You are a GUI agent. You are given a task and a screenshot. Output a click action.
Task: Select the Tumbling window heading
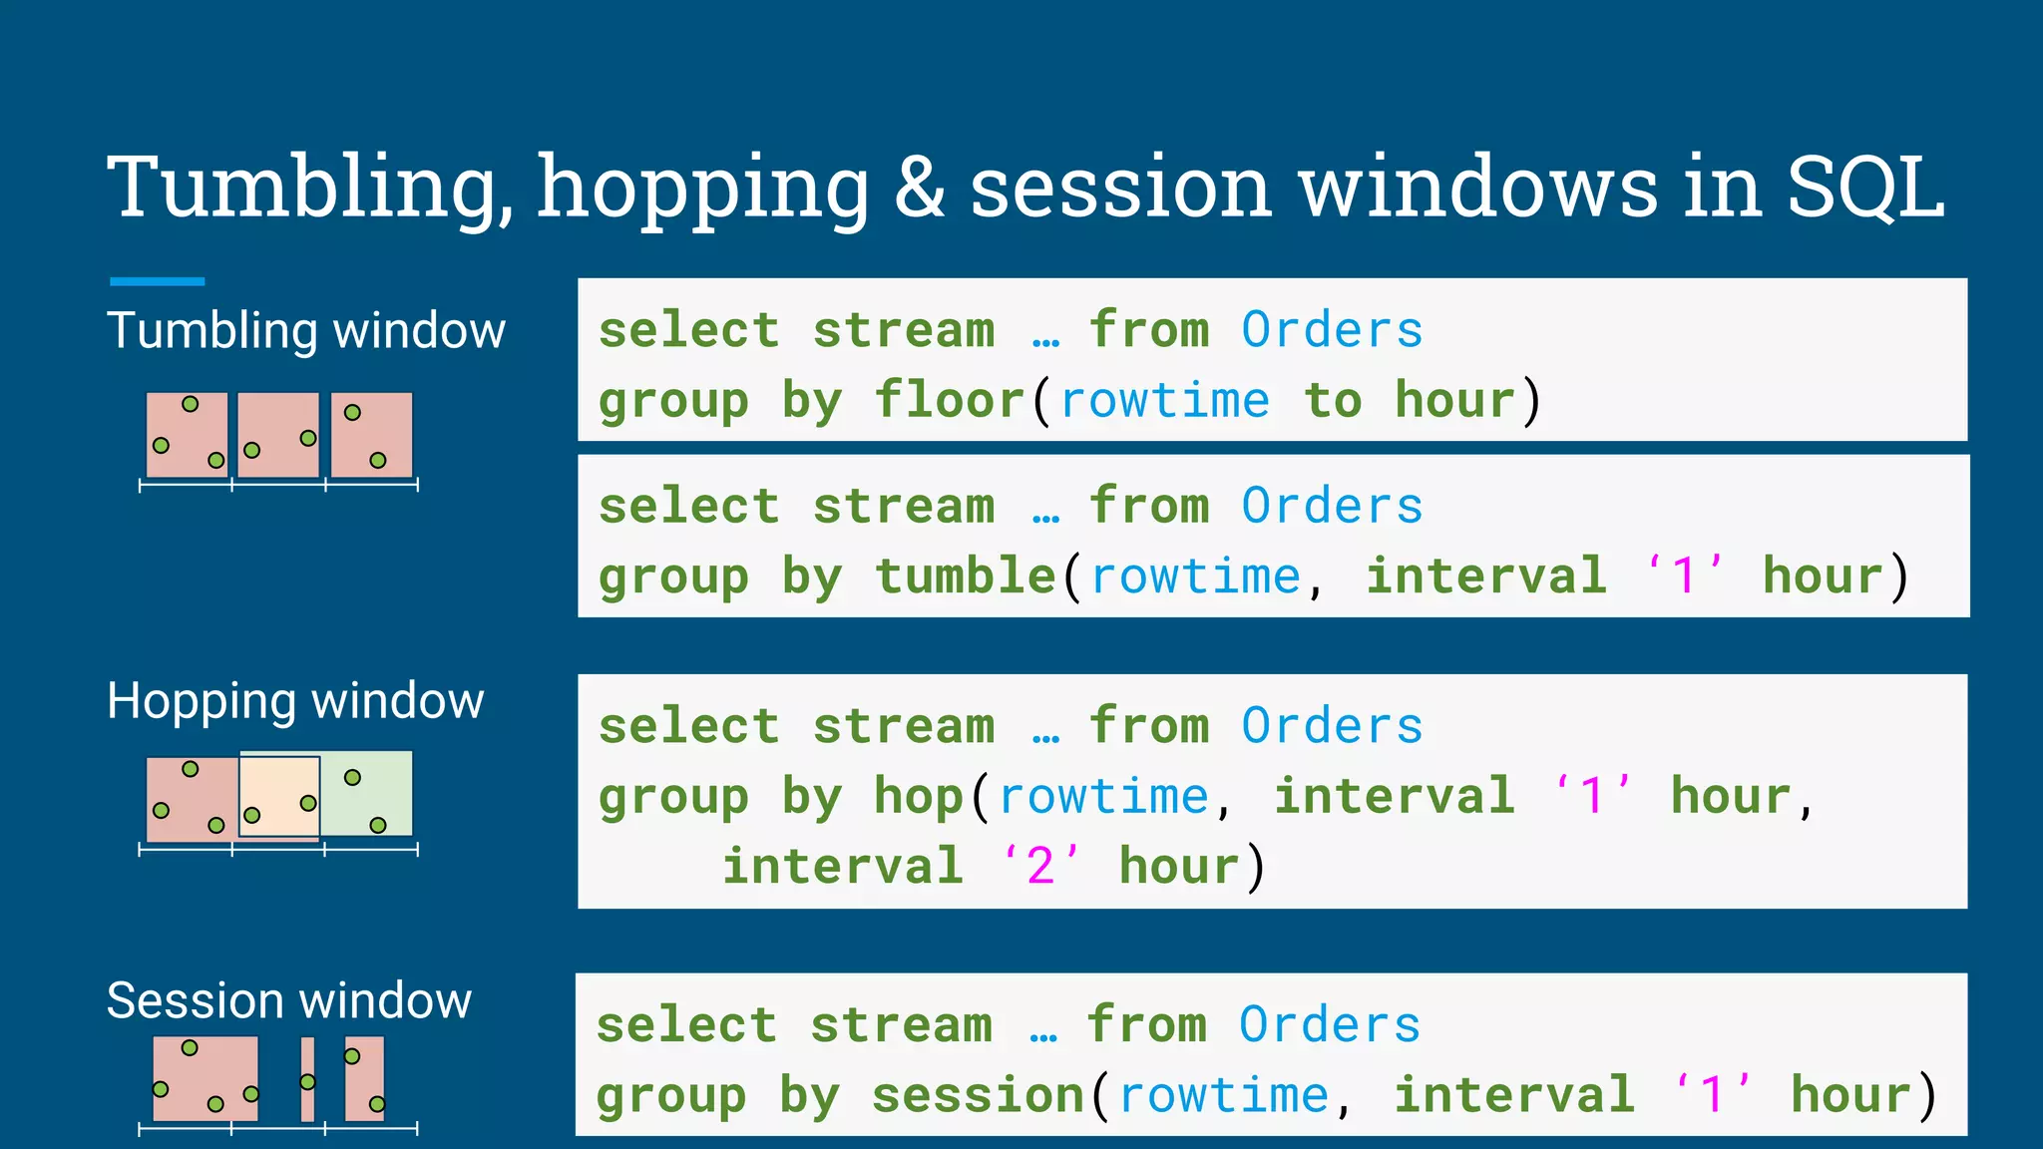(306, 331)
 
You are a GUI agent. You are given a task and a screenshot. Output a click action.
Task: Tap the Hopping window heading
(295, 701)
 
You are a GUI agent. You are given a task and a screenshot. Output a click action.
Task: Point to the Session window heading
(288, 1000)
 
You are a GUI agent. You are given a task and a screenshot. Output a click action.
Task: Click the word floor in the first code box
(950, 401)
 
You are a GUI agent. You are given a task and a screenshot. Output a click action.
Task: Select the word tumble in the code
(965, 576)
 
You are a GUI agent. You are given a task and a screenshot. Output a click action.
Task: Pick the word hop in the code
(919, 796)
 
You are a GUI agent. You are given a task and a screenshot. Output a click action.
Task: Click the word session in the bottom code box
(978, 1095)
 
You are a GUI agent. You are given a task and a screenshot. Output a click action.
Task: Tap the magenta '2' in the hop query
(1039, 866)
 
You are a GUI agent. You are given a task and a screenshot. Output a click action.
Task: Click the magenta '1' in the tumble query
(1684, 576)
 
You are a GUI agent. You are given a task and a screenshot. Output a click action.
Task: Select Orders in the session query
(1330, 1025)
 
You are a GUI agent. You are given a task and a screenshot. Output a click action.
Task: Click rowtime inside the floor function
(1164, 401)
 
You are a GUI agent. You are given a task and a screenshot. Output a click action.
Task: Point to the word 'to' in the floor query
(1333, 401)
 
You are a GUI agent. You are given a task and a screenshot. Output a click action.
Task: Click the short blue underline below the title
(157, 282)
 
